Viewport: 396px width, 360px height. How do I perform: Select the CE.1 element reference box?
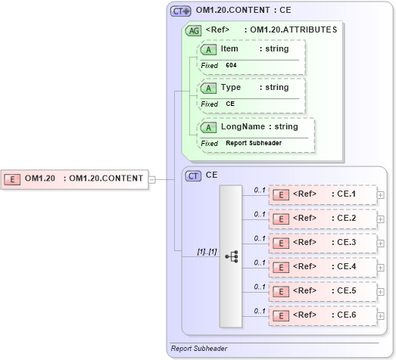click(x=323, y=194)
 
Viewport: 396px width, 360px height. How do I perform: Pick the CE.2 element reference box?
click(x=323, y=219)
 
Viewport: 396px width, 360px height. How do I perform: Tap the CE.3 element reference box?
click(x=323, y=243)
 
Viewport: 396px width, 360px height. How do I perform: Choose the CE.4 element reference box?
click(x=323, y=267)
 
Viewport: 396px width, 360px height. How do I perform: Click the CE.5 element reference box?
click(x=323, y=291)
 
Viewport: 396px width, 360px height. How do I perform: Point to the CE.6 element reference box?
click(x=323, y=315)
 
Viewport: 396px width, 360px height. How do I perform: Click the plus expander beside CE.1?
click(x=380, y=195)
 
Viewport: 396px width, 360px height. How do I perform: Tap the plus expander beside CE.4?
click(x=380, y=268)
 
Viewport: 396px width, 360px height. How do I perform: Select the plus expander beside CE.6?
click(x=380, y=316)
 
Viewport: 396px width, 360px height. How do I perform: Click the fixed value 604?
click(x=231, y=66)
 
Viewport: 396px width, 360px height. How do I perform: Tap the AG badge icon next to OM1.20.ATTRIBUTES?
click(x=193, y=30)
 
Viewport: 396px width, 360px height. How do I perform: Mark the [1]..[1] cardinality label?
click(x=207, y=251)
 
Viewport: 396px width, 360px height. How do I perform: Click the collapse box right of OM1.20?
click(x=152, y=179)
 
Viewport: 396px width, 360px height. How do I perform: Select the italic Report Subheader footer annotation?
click(x=199, y=349)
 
